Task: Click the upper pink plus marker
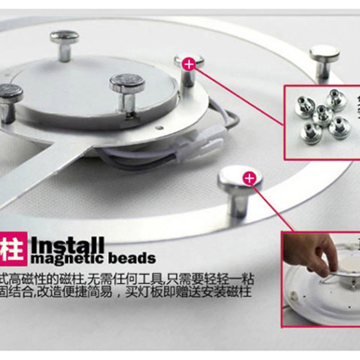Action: [x=189, y=64]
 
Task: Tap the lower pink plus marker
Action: [x=249, y=179]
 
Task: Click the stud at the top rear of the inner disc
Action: [x=64, y=38]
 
